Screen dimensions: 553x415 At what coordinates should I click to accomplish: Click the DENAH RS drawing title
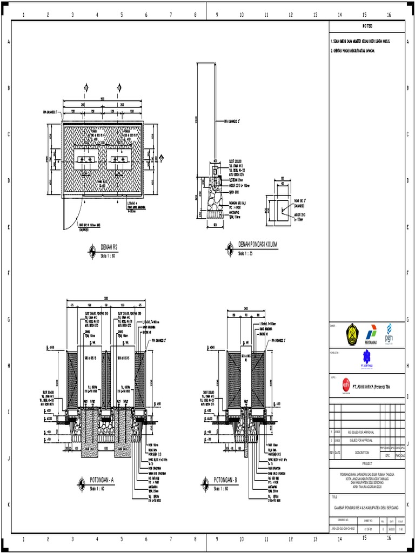tap(110, 246)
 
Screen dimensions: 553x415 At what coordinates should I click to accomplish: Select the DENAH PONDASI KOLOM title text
tap(258, 245)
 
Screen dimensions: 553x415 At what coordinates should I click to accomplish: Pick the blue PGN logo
tap(389, 334)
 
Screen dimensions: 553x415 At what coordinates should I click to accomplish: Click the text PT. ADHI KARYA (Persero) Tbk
tap(373, 387)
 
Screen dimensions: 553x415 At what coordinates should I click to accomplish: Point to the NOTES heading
tap(367, 26)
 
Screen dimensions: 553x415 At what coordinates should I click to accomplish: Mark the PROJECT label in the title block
tap(367, 463)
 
